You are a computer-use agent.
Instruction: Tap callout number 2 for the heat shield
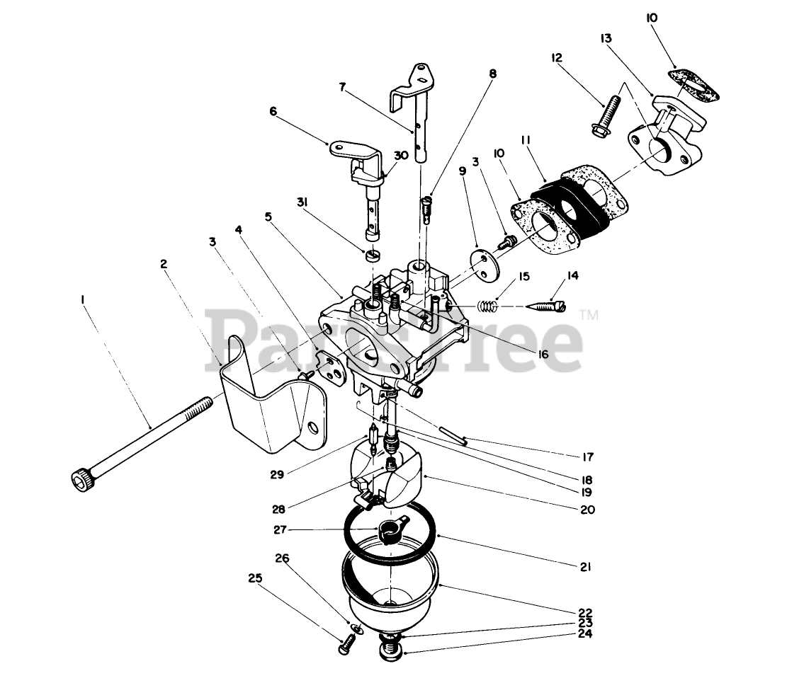(164, 263)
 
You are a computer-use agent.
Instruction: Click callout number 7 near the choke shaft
(344, 88)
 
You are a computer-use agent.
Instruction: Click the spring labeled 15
(484, 306)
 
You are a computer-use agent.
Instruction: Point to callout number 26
(283, 558)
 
